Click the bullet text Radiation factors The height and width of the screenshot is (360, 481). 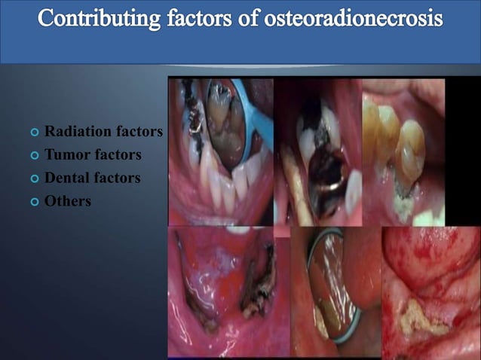click(103, 132)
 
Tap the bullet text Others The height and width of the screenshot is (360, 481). click(67, 201)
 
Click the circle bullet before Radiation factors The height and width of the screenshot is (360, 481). click(34, 133)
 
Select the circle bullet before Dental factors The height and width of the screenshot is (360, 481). click(34, 179)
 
